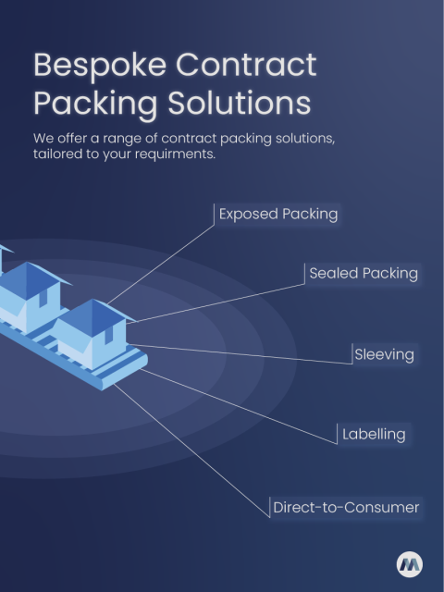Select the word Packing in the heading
[x=90, y=104]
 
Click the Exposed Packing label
[x=277, y=215]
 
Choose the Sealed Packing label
[x=363, y=274]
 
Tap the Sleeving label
[x=384, y=354]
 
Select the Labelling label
[x=374, y=434]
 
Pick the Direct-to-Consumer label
[x=346, y=507]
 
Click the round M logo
[x=410, y=564]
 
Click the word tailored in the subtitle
[x=59, y=154]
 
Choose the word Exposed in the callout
[x=248, y=215]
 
